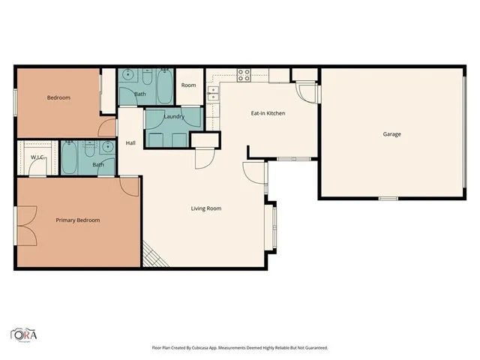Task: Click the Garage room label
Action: pos(391,135)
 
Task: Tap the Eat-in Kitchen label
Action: pos(268,113)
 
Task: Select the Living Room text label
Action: pos(205,208)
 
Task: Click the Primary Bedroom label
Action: pos(78,220)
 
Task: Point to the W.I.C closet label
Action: pos(36,157)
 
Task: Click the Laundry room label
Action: pos(174,117)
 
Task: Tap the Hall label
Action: pos(130,143)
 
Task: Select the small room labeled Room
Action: pos(188,85)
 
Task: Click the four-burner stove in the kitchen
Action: pos(244,74)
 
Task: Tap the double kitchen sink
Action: pos(214,93)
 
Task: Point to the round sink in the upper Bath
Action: pos(128,75)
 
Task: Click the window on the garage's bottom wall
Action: pos(388,198)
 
